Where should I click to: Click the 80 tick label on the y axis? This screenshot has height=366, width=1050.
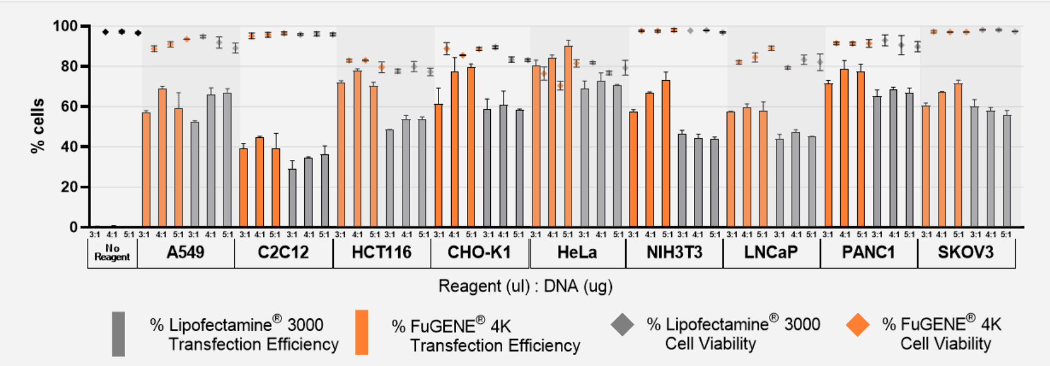(69, 67)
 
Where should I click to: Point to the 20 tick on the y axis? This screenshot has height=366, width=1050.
(69, 187)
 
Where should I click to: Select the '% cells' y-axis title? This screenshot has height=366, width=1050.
(38, 126)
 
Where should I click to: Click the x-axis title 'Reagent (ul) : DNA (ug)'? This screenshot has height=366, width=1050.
(525, 286)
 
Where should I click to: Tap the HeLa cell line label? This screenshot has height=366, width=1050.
(577, 253)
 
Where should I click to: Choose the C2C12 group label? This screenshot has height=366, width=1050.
(283, 253)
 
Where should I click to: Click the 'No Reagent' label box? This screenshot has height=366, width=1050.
(112, 253)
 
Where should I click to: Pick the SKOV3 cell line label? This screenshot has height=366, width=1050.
(965, 253)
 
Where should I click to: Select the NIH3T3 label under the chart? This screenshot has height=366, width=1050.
(674, 253)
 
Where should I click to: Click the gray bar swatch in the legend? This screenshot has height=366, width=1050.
(118, 334)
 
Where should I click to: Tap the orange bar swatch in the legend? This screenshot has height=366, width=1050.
(361, 332)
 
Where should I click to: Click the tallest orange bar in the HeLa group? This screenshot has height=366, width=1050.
(568, 137)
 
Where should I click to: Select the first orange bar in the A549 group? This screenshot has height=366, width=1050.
(146, 170)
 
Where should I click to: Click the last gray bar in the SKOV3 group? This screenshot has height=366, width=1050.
(1007, 171)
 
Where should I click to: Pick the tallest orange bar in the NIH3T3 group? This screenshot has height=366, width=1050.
(666, 154)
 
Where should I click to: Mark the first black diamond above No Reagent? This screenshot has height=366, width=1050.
(105, 32)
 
